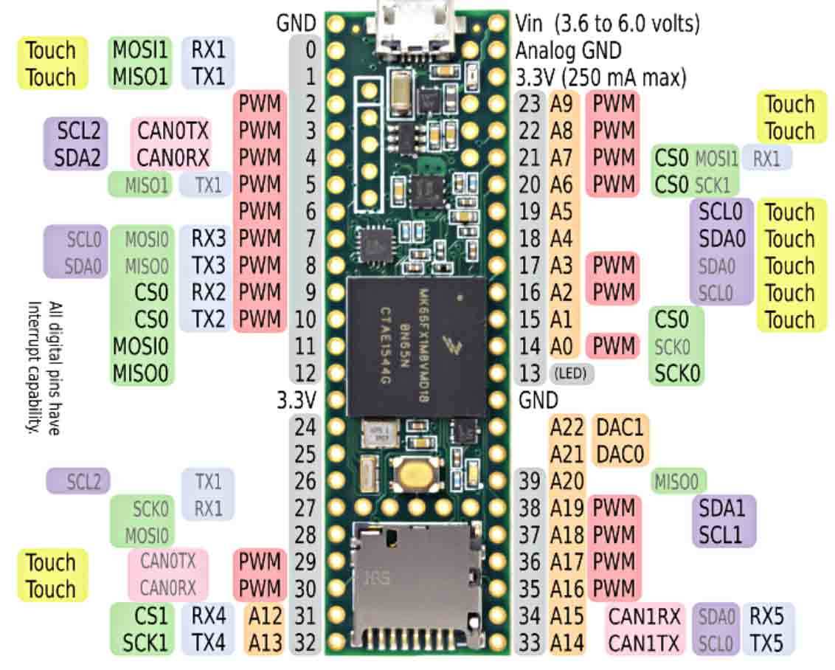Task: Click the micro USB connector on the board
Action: [415, 26]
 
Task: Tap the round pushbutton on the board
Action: [417, 472]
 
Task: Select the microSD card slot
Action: [417, 583]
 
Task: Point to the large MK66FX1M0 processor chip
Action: [417, 347]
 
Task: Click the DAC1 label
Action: [620, 426]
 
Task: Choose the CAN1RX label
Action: [645, 616]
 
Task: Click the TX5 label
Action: [767, 643]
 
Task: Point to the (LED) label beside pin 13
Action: [572, 373]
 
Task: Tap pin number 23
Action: [530, 104]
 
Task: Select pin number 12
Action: [305, 373]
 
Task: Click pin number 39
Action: [530, 481]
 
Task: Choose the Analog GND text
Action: [568, 50]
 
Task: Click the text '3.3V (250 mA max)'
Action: [600, 77]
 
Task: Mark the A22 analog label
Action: [567, 426]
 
